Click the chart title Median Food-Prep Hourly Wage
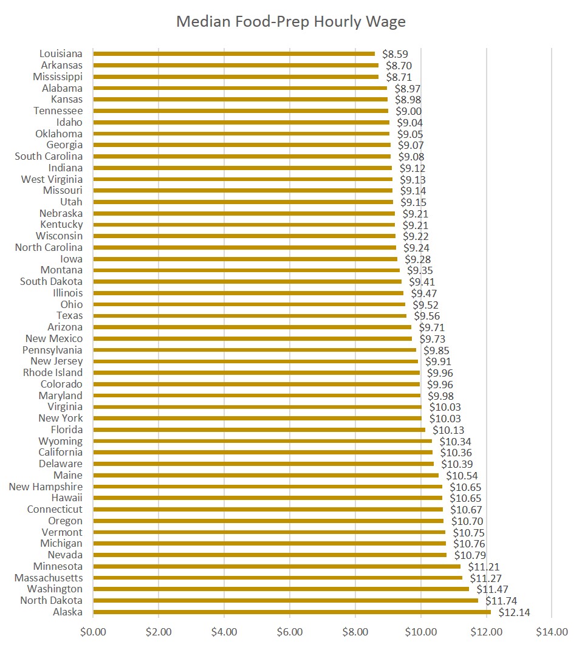pyautogui.click(x=290, y=22)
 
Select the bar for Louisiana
pyautogui.click(x=234, y=53)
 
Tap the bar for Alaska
pyautogui.click(x=292, y=612)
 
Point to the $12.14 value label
pyautogui.click(x=514, y=612)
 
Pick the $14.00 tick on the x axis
pyautogui.click(x=552, y=632)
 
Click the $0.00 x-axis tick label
pyautogui.click(x=93, y=632)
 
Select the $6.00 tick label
pyautogui.click(x=289, y=632)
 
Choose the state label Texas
pyautogui.click(x=69, y=315)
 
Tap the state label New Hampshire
pyautogui.click(x=46, y=487)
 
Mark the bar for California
pyautogui.click(x=262, y=452)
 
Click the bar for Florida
pyautogui.click(x=259, y=430)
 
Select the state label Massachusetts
pyautogui.click(x=49, y=578)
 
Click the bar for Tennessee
pyautogui.click(x=241, y=111)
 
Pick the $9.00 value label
pyautogui.click(x=409, y=111)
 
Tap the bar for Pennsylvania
pyautogui.click(x=255, y=350)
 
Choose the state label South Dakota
pyautogui.click(x=51, y=281)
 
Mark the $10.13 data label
pyautogui.click(x=448, y=430)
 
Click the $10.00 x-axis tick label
pyautogui.click(x=420, y=632)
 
